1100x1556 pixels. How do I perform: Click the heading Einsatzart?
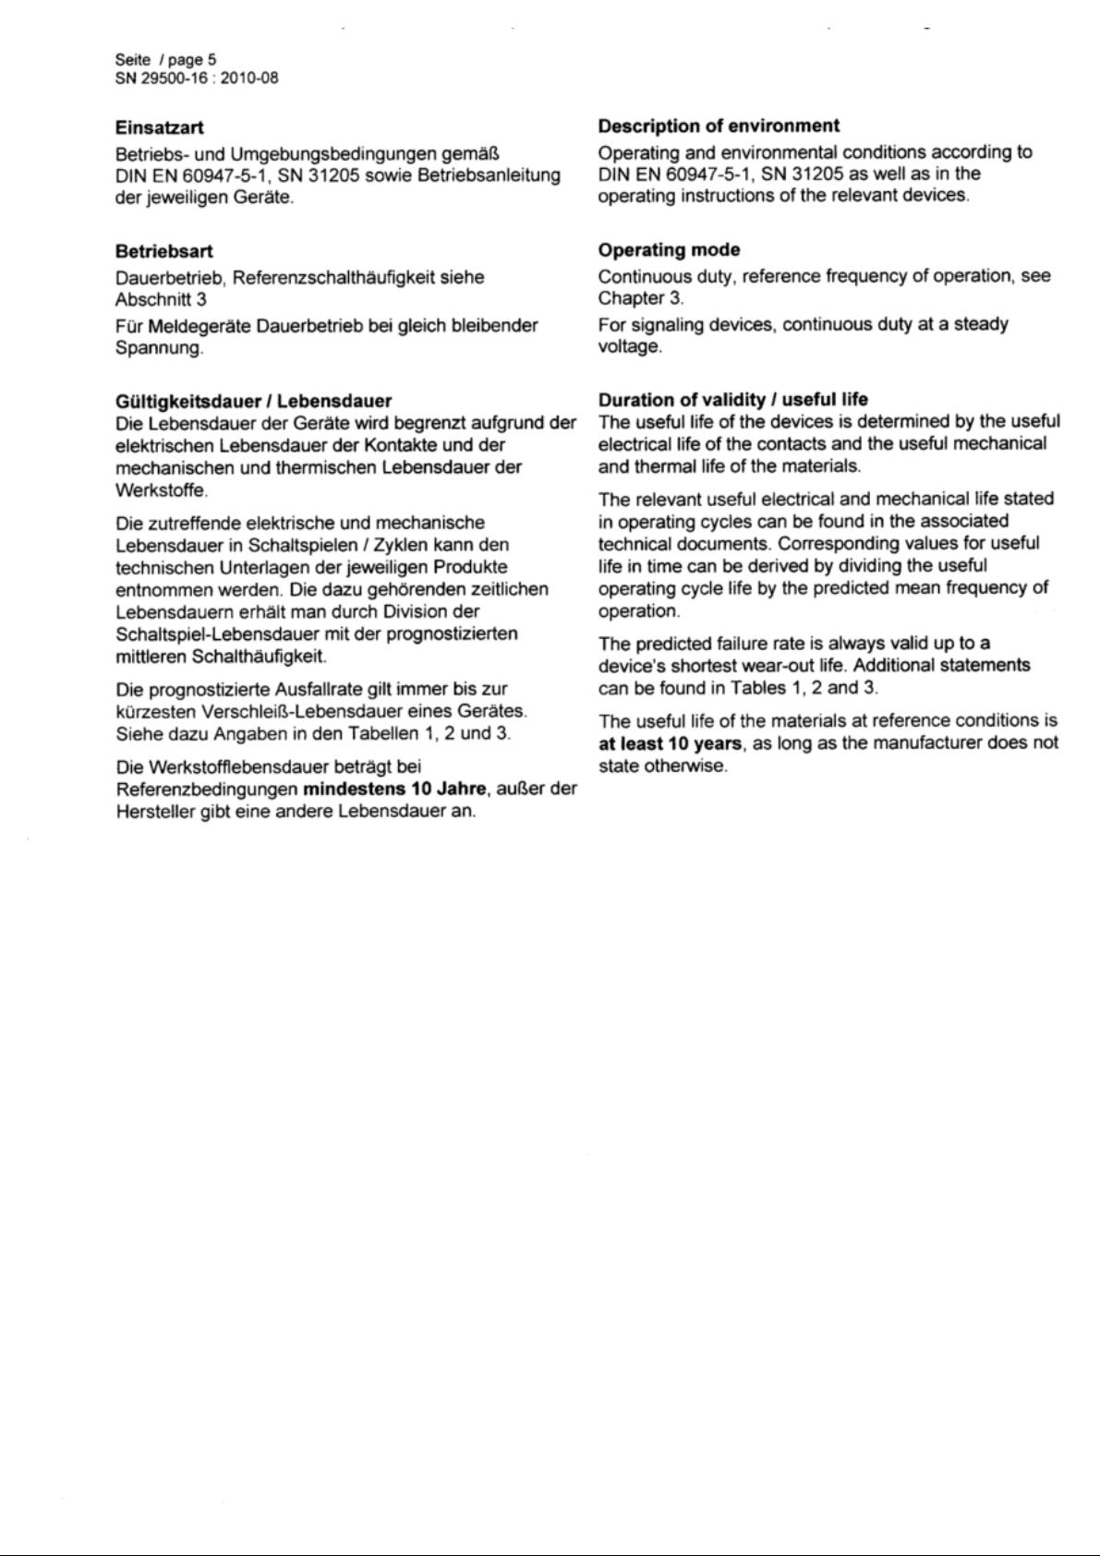(x=160, y=127)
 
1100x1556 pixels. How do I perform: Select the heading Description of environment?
(x=719, y=126)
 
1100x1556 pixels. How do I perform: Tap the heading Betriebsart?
(x=163, y=250)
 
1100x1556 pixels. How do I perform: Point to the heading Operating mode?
(x=669, y=249)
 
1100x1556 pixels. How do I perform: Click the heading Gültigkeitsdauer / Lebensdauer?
(x=253, y=401)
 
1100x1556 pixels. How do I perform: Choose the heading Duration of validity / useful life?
(x=732, y=399)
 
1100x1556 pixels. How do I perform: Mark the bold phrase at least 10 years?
(x=670, y=743)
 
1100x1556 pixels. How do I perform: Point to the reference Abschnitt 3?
(x=161, y=299)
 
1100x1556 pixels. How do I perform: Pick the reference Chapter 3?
(x=640, y=297)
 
